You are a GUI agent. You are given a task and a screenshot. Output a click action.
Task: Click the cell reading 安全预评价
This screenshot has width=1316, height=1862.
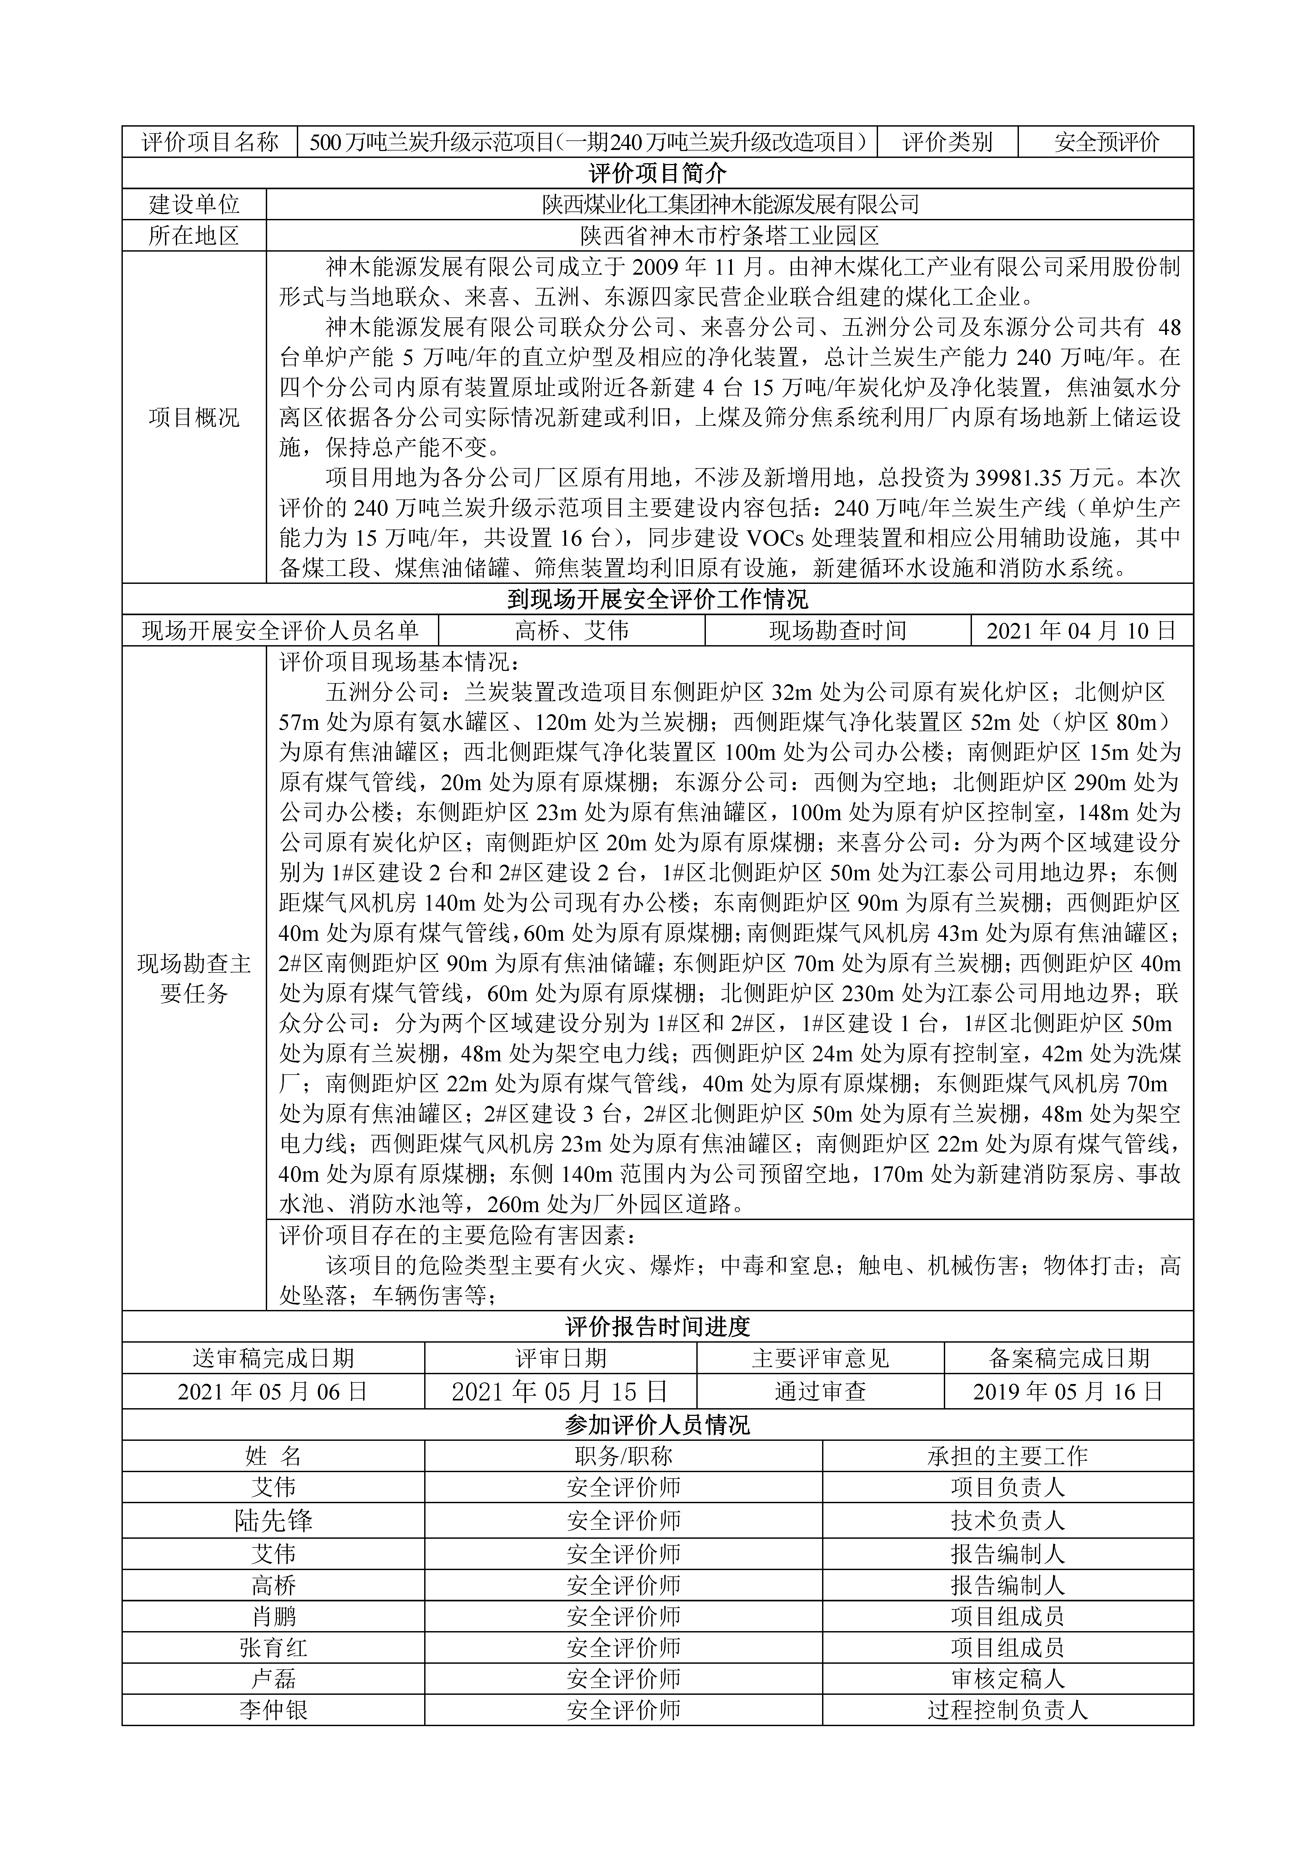pyautogui.click(x=1106, y=143)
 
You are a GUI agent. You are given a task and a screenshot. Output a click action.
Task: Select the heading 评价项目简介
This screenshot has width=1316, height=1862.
pyautogui.click(x=658, y=174)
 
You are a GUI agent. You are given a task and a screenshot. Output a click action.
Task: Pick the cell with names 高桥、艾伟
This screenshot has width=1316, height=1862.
pyautogui.click(x=572, y=631)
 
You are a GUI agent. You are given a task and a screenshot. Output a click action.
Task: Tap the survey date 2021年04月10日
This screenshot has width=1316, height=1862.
pyautogui.click(x=1082, y=631)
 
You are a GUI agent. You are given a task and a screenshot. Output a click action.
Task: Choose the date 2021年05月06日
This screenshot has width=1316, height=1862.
pyautogui.click(x=273, y=1392)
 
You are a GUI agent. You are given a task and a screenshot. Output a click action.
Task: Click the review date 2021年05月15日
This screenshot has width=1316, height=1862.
pyautogui.click(x=560, y=1392)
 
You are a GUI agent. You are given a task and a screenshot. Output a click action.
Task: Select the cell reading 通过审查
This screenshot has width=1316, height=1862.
pyautogui.click(x=820, y=1392)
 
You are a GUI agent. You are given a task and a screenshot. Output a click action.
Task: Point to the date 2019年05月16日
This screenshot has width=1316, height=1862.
pyautogui.click(x=1069, y=1392)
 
